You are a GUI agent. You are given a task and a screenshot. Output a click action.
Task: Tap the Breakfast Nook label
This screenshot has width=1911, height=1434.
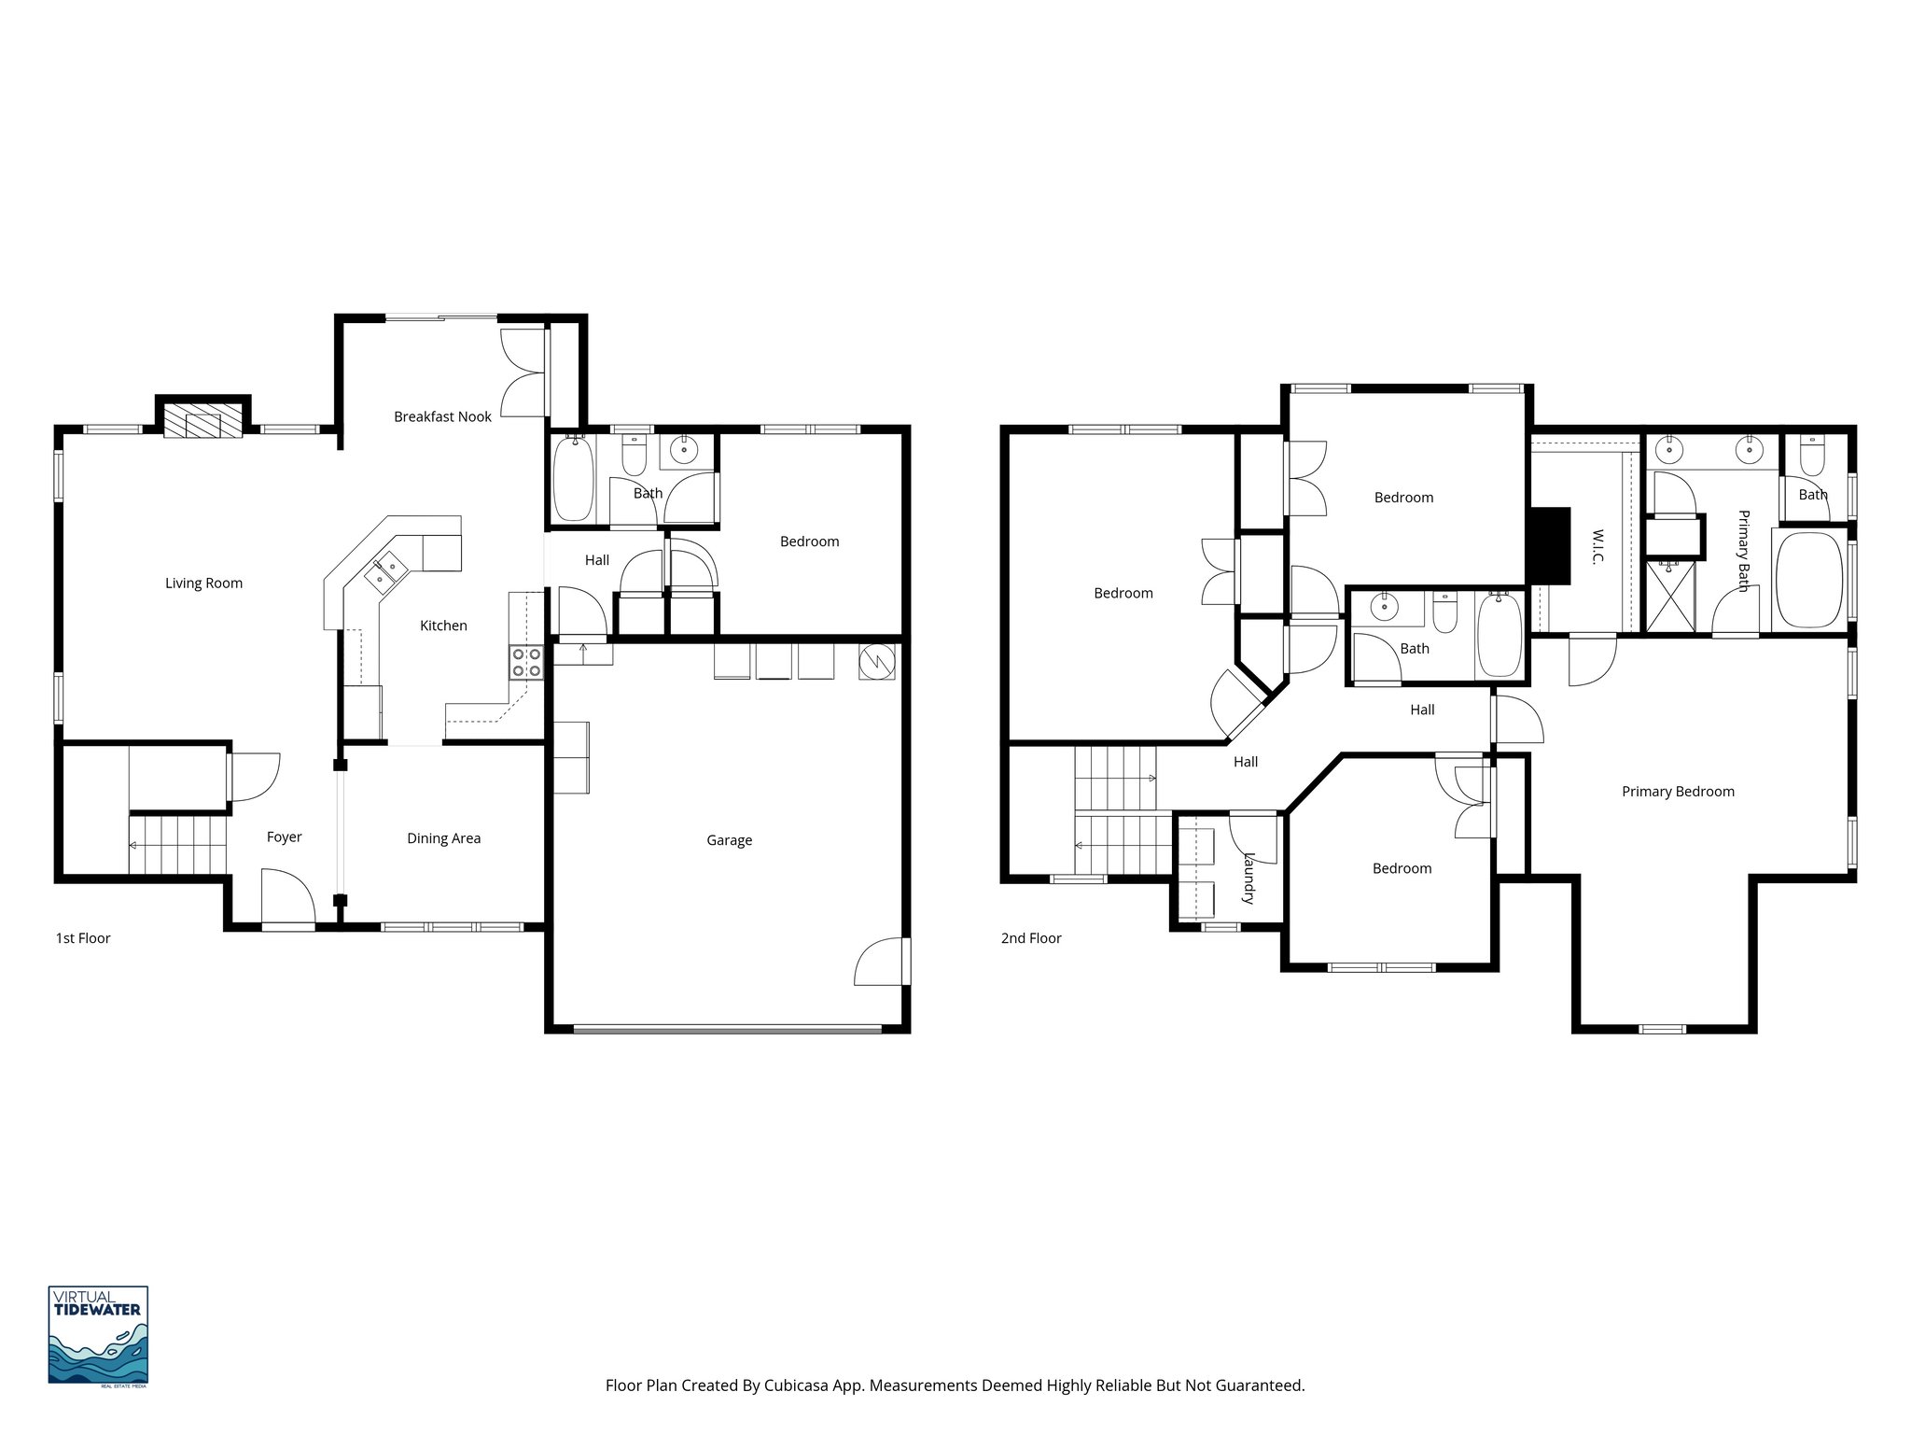tap(442, 416)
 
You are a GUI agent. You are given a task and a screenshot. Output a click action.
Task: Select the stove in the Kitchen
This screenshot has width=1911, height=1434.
tap(527, 662)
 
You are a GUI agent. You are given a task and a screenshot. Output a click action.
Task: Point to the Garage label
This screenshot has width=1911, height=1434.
tap(729, 840)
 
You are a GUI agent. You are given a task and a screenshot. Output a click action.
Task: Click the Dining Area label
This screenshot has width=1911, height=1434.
tap(443, 838)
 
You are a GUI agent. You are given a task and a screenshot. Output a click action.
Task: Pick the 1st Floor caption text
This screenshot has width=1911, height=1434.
tap(83, 938)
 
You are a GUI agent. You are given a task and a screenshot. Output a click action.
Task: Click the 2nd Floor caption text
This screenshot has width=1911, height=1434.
tap(1031, 938)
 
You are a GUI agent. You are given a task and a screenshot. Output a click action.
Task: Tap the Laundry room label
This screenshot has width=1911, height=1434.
tap(1248, 878)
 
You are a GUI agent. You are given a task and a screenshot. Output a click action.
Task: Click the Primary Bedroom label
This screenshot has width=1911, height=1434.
tap(1678, 792)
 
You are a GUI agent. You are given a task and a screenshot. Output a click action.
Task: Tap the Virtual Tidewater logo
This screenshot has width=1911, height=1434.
tap(98, 1334)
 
